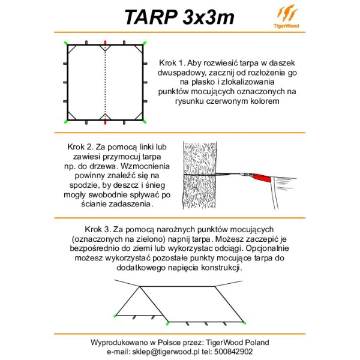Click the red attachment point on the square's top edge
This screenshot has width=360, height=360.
106,43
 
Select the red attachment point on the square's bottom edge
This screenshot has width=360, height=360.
106,122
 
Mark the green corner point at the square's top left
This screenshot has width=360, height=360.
66,43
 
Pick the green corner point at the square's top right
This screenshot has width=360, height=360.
145,43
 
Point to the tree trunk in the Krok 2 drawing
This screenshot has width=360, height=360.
203,174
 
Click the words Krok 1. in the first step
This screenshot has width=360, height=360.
173,63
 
